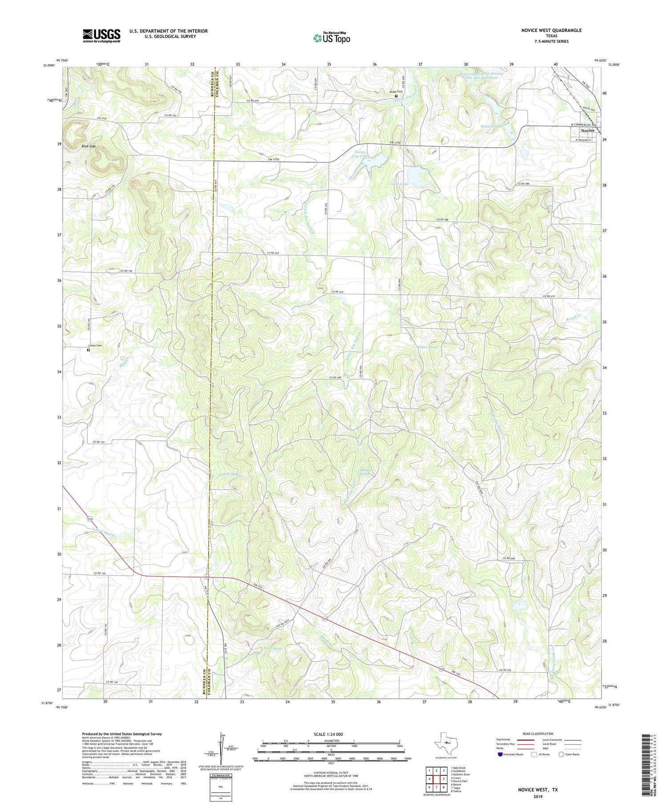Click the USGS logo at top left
click(x=101, y=36)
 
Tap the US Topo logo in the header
click(x=331, y=38)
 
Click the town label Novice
click(x=587, y=131)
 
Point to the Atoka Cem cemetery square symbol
click(x=396, y=96)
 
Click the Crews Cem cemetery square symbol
click(x=88, y=350)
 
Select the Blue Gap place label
click(x=88, y=146)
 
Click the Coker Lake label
click(x=398, y=184)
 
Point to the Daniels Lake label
click(x=491, y=126)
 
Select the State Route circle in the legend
click(x=561, y=754)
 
